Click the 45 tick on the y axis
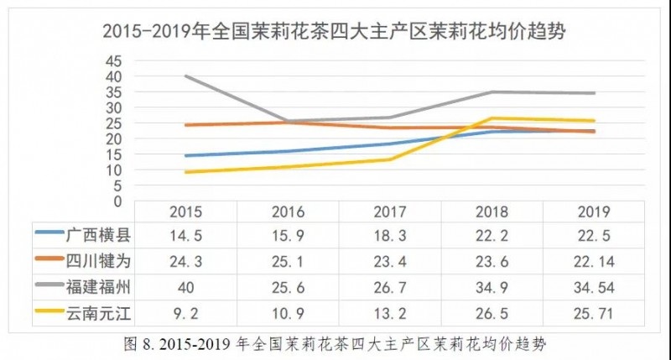[113, 61]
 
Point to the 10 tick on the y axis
[113, 170]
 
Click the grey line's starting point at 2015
[185, 76]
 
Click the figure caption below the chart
[335, 344]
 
